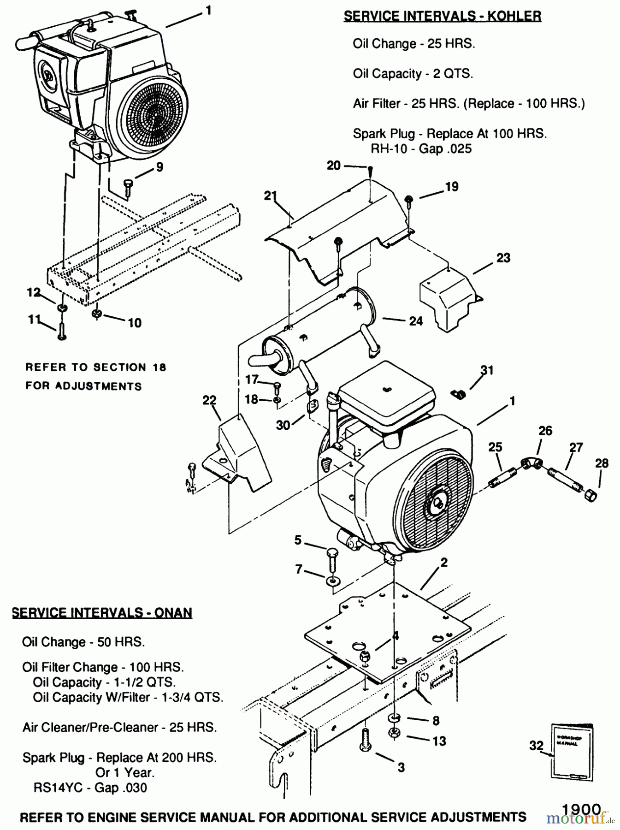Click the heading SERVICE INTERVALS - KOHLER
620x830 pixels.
coord(443,16)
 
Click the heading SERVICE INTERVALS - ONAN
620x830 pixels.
coord(102,612)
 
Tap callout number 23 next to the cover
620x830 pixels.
coord(503,258)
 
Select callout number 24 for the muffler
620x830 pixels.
coord(416,321)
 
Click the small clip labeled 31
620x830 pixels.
coord(458,394)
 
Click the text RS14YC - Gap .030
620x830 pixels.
coord(90,788)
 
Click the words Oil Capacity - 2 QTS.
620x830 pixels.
coord(413,74)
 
